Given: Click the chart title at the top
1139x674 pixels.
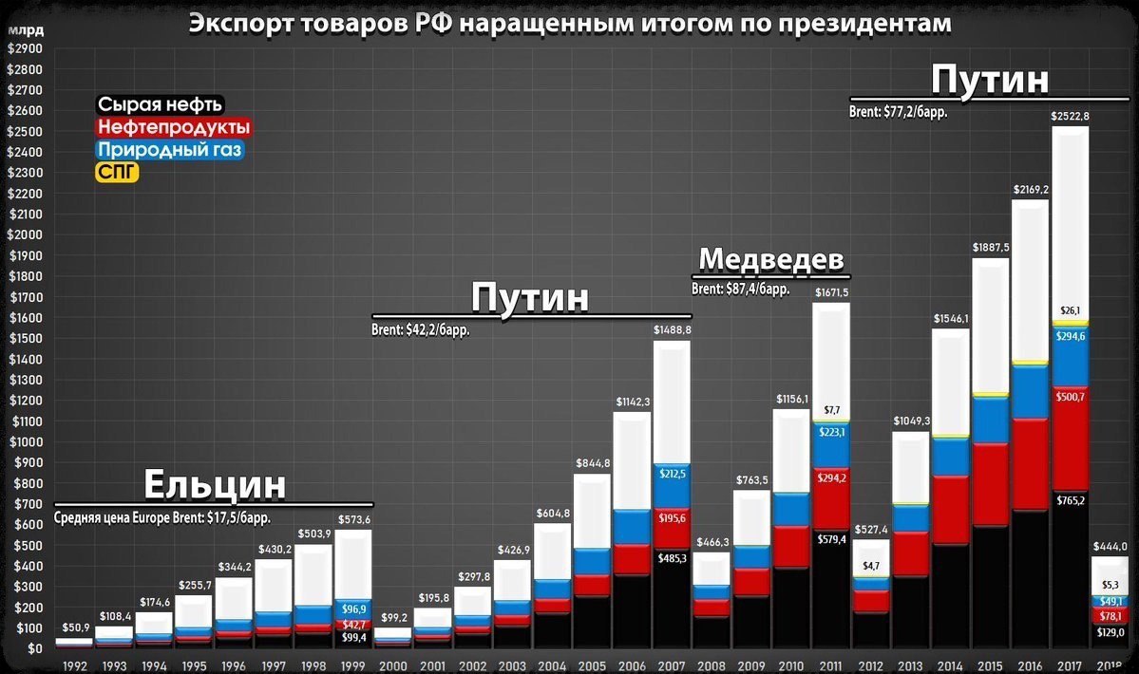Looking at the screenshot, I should tap(569, 23).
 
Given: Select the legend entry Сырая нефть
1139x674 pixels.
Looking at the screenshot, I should tap(161, 104).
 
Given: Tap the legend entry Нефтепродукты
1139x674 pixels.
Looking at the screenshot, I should tap(174, 127).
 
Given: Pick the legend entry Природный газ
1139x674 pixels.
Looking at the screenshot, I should tap(170, 150).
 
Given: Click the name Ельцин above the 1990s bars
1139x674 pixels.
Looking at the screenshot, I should tap(215, 485).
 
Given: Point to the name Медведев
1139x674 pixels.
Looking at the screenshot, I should tap(771, 259).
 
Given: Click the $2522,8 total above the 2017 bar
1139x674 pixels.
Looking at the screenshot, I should tap(1070, 116).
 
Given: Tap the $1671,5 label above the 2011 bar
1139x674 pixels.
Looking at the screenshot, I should tap(831, 292).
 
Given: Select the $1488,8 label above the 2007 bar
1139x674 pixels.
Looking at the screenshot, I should tap(672, 329).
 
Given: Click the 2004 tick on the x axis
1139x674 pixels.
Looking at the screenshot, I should tap(552, 665).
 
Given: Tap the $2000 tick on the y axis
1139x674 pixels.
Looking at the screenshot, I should tap(25, 235).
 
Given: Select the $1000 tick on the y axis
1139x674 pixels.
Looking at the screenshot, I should tap(25, 442).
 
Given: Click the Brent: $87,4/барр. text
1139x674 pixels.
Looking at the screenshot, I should tap(740, 289).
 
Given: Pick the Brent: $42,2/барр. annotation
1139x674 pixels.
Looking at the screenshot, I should tap(421, 330).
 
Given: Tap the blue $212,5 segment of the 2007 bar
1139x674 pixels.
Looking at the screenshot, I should tap(672, 487).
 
